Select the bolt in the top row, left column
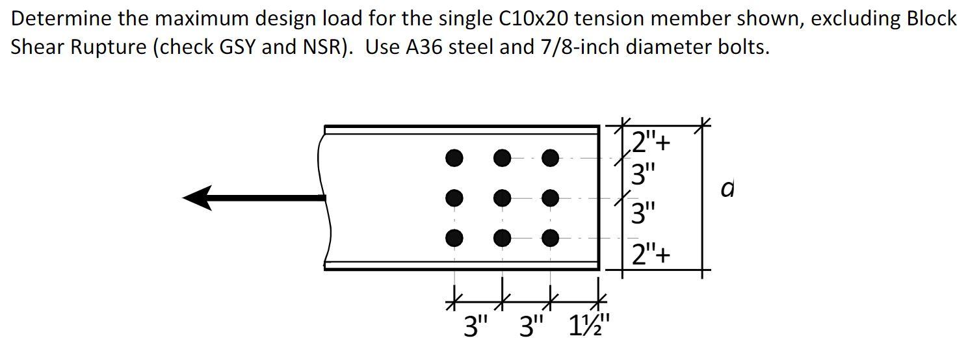454,157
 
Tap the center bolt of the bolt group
502,198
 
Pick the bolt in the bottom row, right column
550,238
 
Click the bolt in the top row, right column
550,157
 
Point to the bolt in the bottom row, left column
454,238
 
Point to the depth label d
729,189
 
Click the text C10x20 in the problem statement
533,19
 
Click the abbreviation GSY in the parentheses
235,48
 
